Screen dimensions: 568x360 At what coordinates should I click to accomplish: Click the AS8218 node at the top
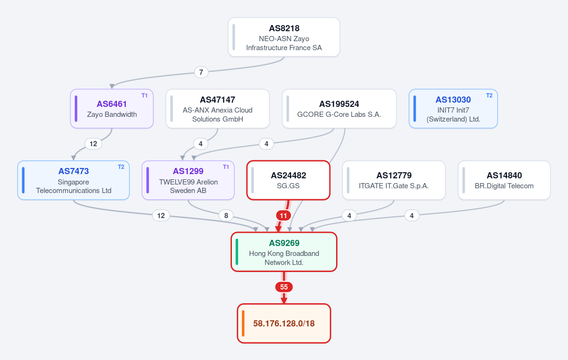click(284, 37)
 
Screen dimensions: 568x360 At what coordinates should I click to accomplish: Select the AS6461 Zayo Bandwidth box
click(112, 109)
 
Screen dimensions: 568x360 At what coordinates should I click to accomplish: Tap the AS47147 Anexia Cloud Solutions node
click(218, 109)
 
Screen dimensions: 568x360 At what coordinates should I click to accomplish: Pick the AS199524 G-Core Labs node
click(339, 109)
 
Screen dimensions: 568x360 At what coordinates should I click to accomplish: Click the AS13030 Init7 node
click(453, 109)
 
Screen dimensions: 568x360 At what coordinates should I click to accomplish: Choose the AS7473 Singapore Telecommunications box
click(73, 180)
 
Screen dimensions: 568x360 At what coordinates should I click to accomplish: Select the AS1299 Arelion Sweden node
click(188, 180)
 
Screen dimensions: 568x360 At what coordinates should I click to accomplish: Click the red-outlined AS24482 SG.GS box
click(288, 180)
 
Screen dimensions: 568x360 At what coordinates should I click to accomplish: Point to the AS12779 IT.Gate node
click(394, 180)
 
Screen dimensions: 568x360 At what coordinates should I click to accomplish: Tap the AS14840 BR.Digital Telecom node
click(504, 180)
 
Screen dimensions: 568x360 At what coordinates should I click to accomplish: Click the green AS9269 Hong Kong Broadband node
click(284, 252)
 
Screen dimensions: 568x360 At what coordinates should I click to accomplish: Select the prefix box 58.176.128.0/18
click(284, 323)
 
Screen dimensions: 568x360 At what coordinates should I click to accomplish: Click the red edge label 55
click(284, 287)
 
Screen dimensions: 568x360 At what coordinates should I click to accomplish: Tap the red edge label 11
click(283, 216)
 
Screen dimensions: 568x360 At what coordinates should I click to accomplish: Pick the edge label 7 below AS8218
click(201, 72)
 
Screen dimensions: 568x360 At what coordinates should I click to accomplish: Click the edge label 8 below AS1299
click(226, 216)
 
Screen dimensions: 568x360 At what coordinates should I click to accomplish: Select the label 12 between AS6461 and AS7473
click(93, 144)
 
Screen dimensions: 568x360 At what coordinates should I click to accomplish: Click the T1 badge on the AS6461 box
click(144, 96)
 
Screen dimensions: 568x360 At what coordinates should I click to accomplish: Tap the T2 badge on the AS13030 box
click(489, 96)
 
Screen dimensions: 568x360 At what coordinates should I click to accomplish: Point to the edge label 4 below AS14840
click(412, 216)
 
